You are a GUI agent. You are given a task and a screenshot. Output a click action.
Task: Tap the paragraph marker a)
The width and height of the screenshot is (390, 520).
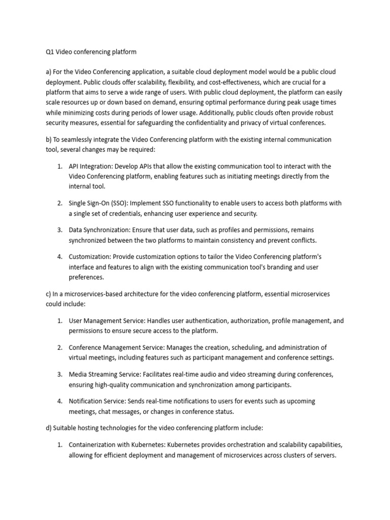pos(49,72)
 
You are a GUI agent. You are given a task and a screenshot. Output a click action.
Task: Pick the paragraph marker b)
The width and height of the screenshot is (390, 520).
pos(49,139)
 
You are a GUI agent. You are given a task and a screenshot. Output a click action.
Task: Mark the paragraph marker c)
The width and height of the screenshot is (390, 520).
pos(49,294)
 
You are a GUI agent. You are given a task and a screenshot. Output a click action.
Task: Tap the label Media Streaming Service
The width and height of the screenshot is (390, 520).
pos(106,374)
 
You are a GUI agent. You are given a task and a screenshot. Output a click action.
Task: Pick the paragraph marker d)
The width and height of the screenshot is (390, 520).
pos(49,428)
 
